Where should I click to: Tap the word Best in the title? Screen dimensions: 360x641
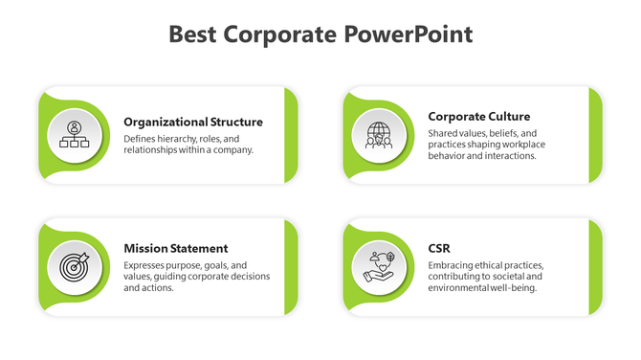pyautogui.click(x=193, y=35)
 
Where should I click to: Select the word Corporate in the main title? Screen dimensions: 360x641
pyautogui.click(x=280, y=35)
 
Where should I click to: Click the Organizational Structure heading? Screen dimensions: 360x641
pyautogui.click(x=193, y=122)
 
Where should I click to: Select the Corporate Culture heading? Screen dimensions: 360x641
pyautogui.click(x=478, y=117)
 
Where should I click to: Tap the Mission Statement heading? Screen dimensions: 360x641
pyautogui.click(x=176, y=248)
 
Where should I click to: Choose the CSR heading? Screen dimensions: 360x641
pyautogui.click(x=439, y=248)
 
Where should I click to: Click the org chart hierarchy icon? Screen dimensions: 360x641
pyautogui.click(x=74, y=135)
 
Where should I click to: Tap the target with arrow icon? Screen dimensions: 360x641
pyautogui.click(x=74, y=265)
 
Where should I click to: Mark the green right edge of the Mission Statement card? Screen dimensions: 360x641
pyautogui.click(x=291, y=266)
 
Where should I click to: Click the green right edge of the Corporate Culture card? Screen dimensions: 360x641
pyautogui.click(x=595, y=135)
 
